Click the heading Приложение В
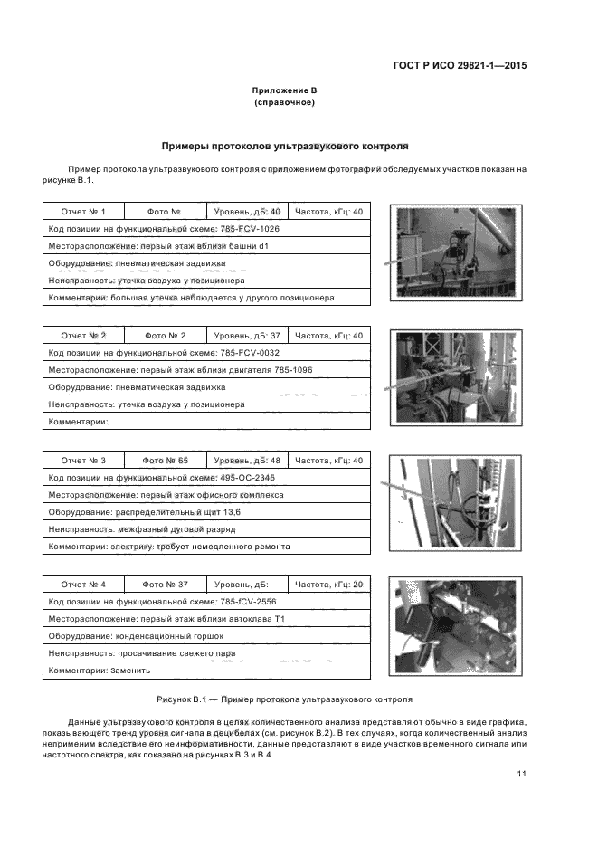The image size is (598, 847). coord(284,91)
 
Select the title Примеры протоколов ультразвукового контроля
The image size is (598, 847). coord(284,145)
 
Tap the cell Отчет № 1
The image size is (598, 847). coord(82,212)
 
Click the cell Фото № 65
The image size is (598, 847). coord(166,461)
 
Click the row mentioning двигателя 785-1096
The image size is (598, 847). coord(206,370)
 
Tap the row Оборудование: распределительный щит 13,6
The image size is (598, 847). coord(206,512)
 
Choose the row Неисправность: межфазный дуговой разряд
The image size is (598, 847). coord(206,529)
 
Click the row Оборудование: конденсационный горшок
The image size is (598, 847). coord(206,636)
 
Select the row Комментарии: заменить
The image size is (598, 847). coord(206,671)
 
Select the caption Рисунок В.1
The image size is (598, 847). coord(284,699)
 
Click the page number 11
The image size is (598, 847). coord(522,774)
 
